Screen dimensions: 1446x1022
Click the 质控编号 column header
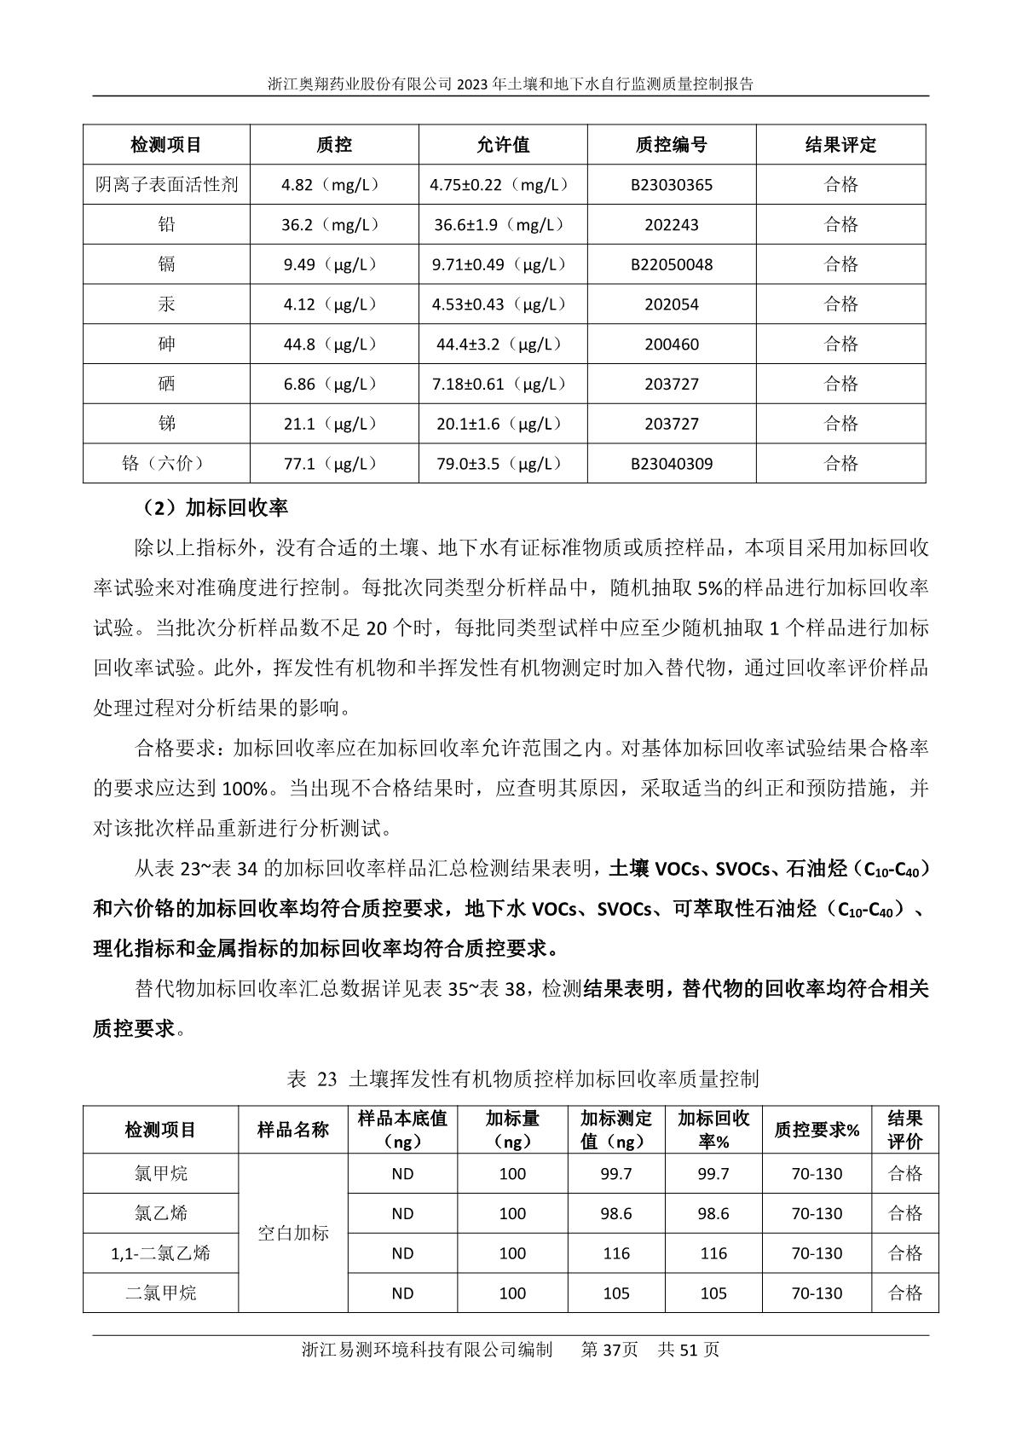(671, 145)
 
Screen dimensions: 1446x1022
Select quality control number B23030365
(671, 185)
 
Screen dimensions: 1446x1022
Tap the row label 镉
(166, 264)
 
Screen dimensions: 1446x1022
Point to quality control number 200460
(671, 344)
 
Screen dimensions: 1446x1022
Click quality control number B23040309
(671, 464)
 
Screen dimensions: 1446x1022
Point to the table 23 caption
(523, 1079)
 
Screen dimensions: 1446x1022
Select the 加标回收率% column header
(713, 1130)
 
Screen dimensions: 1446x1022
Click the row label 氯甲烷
(160, 1174)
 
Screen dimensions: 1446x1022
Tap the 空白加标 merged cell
(292, 1233)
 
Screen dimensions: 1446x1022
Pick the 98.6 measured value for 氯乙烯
(615, 1213)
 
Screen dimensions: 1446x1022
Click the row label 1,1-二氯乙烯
(160, 1253)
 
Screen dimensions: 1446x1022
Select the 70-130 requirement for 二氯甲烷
(816, 1293)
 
